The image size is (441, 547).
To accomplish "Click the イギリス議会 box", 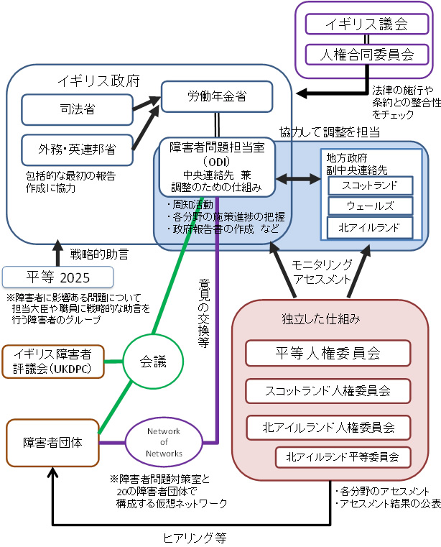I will pyautogui.click(x=366, y=24).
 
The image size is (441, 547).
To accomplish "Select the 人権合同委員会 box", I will pyautogui.click(x=366, y=53).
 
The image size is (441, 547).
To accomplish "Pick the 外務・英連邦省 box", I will pyautogui.click(x=78, y=151).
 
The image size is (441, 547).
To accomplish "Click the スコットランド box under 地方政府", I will pyautogui.click(x=371, y=185).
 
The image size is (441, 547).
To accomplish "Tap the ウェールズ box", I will pyautogui.click(x=371, y=206).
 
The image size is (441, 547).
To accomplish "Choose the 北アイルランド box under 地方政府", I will pyautogui.click(x=371, y=227).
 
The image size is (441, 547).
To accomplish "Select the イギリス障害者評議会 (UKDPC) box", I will pyautogui.click(x=53, y=362).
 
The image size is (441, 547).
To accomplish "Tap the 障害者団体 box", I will pyautogui.click(x=52, y=442).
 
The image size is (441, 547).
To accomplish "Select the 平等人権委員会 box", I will pyautogui.click(x=328, y=353).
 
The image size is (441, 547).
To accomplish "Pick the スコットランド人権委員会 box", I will pyautogui.click(x=328, y=391).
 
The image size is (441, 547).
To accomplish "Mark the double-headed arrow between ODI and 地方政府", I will pyautogui.click(x=299, y=176).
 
